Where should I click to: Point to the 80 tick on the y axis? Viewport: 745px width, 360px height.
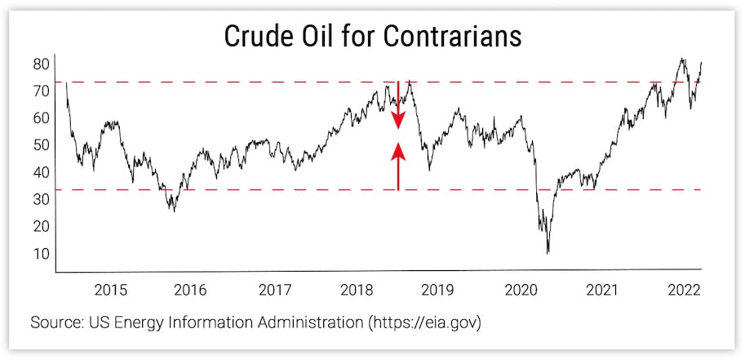[x=42, y=64]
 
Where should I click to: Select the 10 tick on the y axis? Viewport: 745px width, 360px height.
[x=42, y=254]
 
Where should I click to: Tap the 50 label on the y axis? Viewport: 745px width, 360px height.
[x=42, y=145]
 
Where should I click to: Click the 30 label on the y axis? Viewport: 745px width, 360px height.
[x=42, y=199]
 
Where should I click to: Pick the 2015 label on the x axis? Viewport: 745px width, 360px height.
[x=110, y=290]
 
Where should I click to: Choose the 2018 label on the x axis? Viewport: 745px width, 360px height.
[x=357, y=290]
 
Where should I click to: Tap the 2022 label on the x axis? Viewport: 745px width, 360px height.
[x=684, y=290]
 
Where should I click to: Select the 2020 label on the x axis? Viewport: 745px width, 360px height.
[x=521, y=290]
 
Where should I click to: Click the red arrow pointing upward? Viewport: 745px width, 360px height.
[x=398, y=163]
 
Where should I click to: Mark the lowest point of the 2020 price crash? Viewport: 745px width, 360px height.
[x=548, y=252]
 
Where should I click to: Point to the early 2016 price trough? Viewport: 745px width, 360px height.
[x=172, y=211]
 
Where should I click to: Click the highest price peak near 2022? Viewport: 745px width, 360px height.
[x=681, y=59]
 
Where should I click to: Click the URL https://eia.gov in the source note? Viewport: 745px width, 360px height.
[x=425, y=322]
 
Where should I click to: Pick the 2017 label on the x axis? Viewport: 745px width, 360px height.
[x=275, y=290]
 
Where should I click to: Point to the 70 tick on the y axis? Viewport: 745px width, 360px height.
[x=42, y=91]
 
